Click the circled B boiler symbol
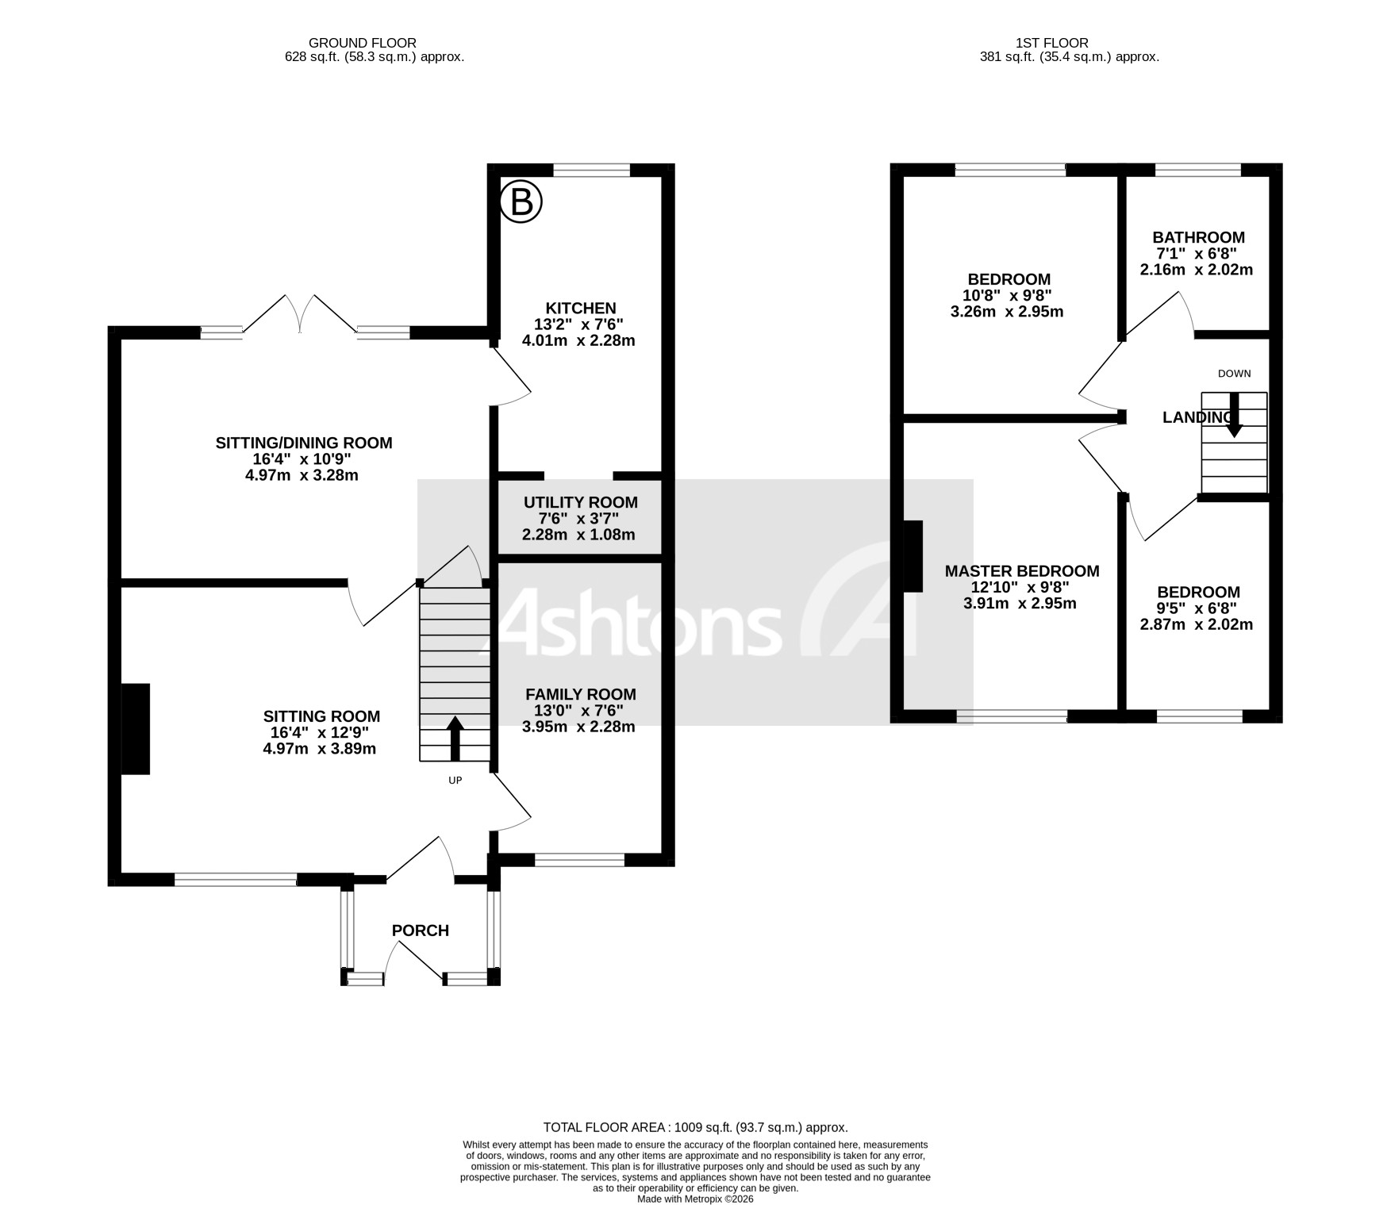tap(521, 201)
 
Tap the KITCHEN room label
tap(580, 309)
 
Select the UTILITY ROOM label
tap(580, 502)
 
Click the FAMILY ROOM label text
tap(580, 694)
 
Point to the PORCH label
tap(421, 931)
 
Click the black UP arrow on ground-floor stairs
tap(455, 739)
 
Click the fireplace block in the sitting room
tap(136, 728)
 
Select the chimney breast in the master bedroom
tap(913, 556)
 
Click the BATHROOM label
tap(1198, 237)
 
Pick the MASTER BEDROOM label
tap(1022, 571)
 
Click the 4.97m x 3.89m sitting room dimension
tap(320, 749)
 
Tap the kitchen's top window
tap(591, 170)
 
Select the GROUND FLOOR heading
tap(363, 43)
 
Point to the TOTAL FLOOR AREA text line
tap(695, 1127)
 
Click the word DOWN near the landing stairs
tap(1234, 374)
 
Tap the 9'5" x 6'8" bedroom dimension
tap(1197, 608)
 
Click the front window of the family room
tap(579, 859)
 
